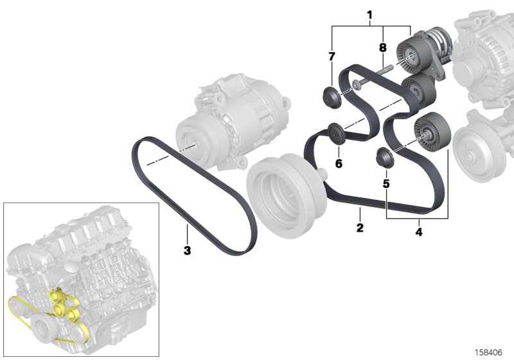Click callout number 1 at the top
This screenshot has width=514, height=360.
pyautogui.click(x=369, y=14)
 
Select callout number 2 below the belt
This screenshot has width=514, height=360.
pyautogui.click(x=360, y=228)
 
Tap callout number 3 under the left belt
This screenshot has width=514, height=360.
pyautogui.click(x=187, y=250)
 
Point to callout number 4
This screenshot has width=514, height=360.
pyautogui.click(x=419, y=231)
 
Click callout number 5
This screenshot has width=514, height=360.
pyautogui.click(x=386, y=184)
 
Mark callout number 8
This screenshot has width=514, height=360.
pyautogui.click(x=383, y=48)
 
